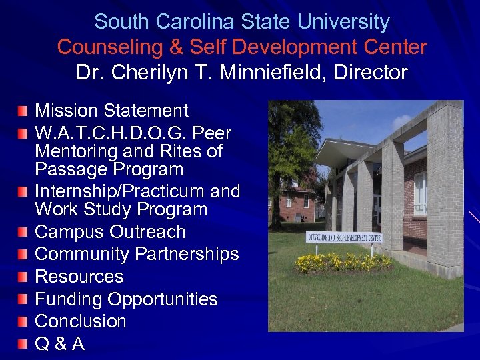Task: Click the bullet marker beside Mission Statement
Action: [x=23, y=108]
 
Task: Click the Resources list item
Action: [x=79, y=276]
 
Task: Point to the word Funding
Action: [x=70, y=299]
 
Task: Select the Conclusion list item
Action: [x=80, y=321]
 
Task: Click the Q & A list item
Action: [x=59, y=344]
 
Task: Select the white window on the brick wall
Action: [x=420, y=194]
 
